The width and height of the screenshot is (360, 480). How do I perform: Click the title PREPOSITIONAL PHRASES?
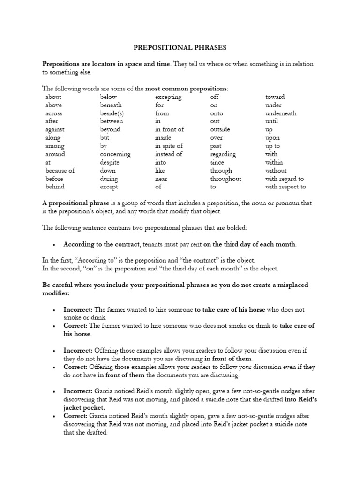tap(180, 47)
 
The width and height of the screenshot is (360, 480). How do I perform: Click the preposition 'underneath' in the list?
tap(281, 113)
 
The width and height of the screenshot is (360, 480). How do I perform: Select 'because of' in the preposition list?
tap(60, 171)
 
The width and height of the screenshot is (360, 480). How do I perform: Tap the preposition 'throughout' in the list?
tap(225, 179)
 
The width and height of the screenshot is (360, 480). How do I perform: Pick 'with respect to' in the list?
tap(285, 187)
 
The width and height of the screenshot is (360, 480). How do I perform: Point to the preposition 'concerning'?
tap(115, 154)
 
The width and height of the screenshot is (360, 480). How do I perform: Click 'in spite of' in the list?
tap(169, 146)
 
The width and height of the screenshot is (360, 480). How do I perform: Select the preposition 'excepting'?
tap(168, 97)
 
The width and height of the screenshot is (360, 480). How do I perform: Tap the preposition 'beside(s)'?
tap(112, 113)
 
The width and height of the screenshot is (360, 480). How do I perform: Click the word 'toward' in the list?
tap(275, 97)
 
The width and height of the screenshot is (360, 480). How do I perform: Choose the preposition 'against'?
tap(55, 129)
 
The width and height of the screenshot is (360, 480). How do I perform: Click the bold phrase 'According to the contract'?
tap(102, 244)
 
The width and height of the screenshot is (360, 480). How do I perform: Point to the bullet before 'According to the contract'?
tap(55, 245)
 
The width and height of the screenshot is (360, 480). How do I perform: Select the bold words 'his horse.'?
tap(78, 334)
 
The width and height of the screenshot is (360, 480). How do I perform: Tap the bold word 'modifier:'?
tap(56, 293)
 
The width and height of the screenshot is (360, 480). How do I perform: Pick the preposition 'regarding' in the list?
tap(223, 154)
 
